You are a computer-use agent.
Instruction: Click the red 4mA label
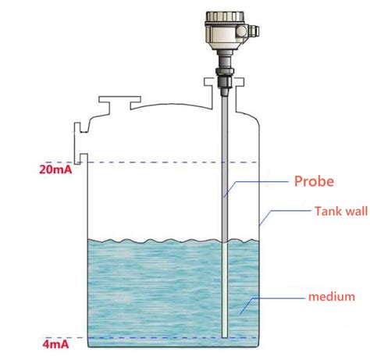tap(55, 342)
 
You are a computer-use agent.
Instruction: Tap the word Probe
tap(314, 181)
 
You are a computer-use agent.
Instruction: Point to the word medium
tap(333, 297)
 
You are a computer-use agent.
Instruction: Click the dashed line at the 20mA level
tap(156, 162)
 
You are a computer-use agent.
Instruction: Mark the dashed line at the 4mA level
tap(156, 337)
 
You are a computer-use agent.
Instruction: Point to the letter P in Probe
tap(298, 181)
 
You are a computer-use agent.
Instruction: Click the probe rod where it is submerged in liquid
tap(224, 289)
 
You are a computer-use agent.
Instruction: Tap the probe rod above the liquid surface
tap(224, 156)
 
